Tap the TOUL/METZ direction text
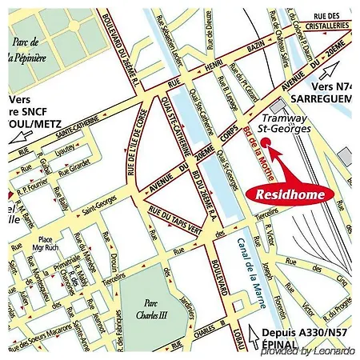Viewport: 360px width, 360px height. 24,125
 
